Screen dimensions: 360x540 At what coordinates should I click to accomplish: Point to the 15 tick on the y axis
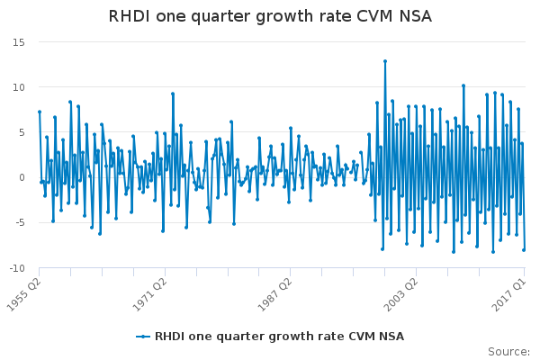18,42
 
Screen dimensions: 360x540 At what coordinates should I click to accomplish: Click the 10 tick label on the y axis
18,87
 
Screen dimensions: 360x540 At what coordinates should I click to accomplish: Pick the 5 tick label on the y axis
21,132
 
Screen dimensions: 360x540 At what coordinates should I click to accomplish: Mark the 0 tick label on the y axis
21,177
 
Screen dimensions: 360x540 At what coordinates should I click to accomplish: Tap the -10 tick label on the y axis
16,267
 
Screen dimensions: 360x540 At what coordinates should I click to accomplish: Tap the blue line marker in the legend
142,337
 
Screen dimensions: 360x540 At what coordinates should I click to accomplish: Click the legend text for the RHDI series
279,337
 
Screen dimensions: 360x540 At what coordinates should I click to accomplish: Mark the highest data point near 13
384,61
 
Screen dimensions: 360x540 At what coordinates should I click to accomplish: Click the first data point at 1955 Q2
39,112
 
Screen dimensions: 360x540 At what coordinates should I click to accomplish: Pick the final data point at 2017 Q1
524,249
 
